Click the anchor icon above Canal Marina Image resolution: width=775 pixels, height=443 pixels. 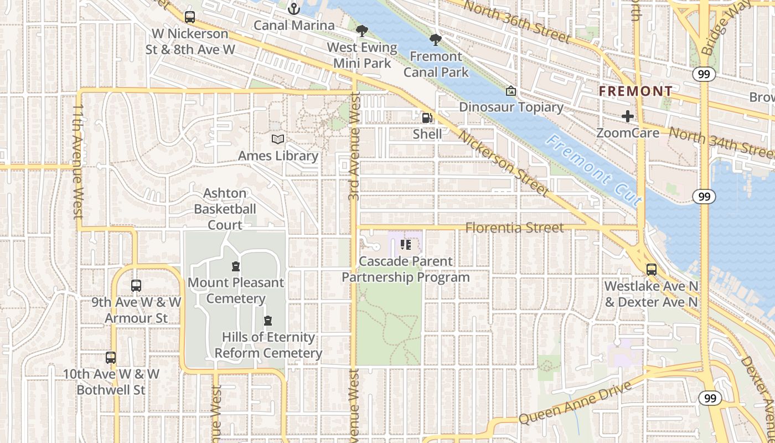(x=294, y=9)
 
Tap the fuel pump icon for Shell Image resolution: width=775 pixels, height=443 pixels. (x=427, y=117)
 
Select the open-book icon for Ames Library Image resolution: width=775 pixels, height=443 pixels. (x=278, y=140)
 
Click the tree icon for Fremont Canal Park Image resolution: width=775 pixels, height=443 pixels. (x=436, y=40)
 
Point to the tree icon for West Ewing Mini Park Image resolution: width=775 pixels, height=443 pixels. (x=362, y=31)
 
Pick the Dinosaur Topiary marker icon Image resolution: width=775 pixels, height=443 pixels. (x=511, y=91)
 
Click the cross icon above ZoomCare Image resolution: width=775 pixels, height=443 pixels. (x=627, y=116)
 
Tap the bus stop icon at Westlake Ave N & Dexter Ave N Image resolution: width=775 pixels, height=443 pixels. (x=652, y=270)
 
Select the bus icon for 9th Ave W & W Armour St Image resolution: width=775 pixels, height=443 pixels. (x=136, y=286)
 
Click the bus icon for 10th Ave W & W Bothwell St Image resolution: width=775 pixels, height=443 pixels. (x=111, y=358)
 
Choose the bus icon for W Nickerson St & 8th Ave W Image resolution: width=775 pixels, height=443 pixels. (x=190, y=17)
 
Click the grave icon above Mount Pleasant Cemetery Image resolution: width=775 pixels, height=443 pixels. (x=236, y=266)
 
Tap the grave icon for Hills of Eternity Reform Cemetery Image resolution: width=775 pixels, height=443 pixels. (x=268, y=321)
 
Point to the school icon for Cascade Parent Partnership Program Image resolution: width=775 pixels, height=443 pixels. (x=406, y=245)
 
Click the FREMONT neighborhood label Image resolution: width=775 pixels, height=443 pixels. (x=636, y=91)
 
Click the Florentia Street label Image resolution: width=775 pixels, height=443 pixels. (x=514, y=228)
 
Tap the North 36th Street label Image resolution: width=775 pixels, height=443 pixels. (x=516, y=22)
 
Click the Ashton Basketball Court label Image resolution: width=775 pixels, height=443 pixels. (x=225, y=209)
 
